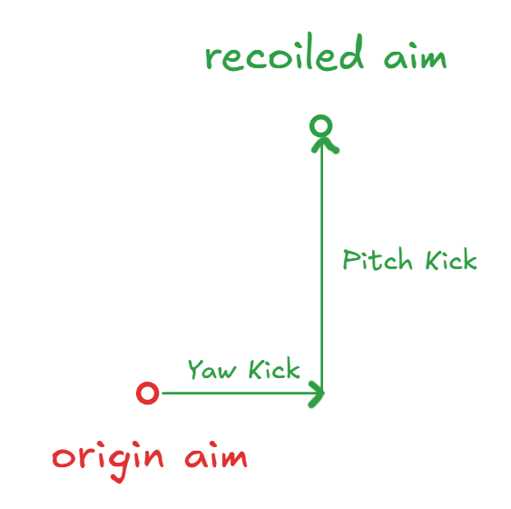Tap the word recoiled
coord(284,52)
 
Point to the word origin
coord(107,460)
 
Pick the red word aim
coord(216,454)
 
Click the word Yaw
coord(211,369)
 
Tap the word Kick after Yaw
coord(274,368)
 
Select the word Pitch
coord(378,259)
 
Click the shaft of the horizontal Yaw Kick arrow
coord(241,394)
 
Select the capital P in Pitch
coord(350,260)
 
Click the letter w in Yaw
coord(227,372)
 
